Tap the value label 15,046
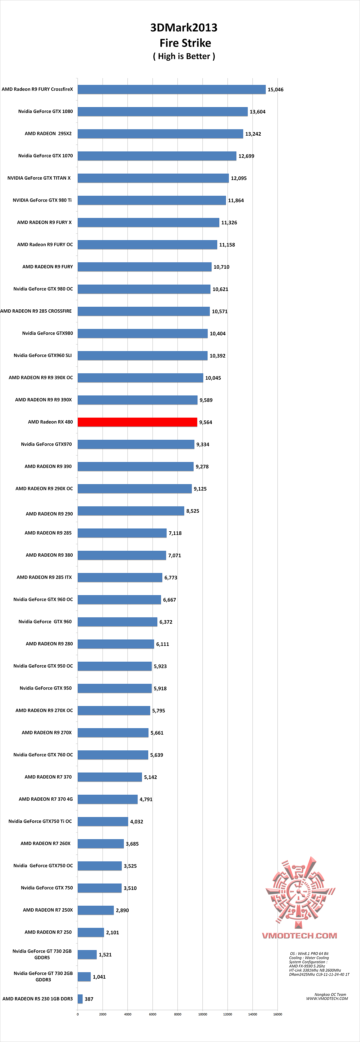pos(275,90)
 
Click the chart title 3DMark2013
pos(184,28)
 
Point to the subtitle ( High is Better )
pos(184,56)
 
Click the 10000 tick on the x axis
pos(203,1014)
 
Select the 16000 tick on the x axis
pos(277,1014)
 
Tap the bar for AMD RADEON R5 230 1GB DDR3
pos(80,999)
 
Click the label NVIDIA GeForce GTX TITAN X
pos(39,178)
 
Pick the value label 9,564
pos(205,422)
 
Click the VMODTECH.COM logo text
pos(299,936)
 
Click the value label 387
pos(89,999)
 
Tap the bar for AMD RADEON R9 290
pos(131,511)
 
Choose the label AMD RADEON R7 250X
pos(48,910)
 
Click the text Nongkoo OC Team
pos(330,994)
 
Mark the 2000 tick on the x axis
pos(103,1014)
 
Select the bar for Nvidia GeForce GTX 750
pos(100,888)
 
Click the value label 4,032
pos(137,822)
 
